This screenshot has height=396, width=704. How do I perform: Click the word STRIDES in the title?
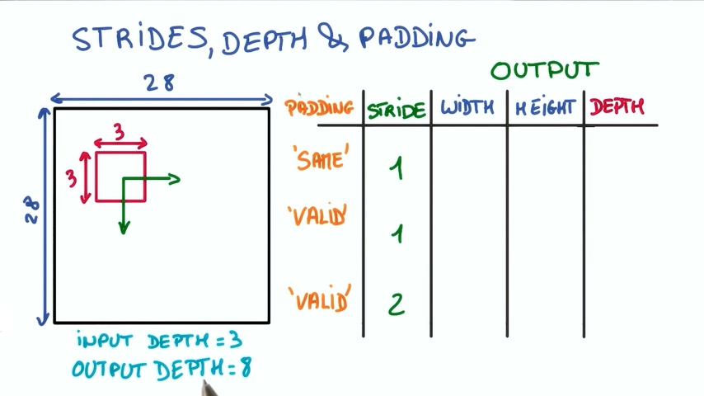(x=140, y=39)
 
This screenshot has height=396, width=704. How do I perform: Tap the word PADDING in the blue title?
(x=417, y=38)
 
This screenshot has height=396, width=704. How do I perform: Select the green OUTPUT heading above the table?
(x=545, y=70)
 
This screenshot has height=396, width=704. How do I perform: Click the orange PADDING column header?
(x=319, y=107)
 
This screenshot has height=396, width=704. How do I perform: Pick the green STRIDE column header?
(x=397, y=110)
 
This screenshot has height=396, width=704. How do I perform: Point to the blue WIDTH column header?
(x=467, y=107)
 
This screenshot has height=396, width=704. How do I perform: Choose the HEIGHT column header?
(x=546, y=107)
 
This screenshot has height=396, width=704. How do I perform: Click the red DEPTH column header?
(x=617, y=106)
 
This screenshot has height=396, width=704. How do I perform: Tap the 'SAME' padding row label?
(x=318, y=158)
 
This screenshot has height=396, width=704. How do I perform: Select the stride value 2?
(x=397, y=304)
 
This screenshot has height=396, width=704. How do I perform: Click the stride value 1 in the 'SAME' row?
(x=397, y=169)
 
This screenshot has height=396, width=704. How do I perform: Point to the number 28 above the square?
(x=160, y=83)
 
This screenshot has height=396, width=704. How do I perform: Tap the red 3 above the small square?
(x=120, y=132)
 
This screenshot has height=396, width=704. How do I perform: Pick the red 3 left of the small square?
(x=71, y=177)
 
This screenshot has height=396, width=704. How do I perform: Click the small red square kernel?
(x=120, y=176)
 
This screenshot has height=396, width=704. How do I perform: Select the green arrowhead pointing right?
(x=173, y=177)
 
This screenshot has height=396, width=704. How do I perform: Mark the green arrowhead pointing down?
(x=123, y=227)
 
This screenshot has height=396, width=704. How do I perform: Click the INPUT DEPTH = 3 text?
(x=160, y=341)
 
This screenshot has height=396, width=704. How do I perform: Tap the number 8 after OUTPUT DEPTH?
(x=245, y=369)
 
